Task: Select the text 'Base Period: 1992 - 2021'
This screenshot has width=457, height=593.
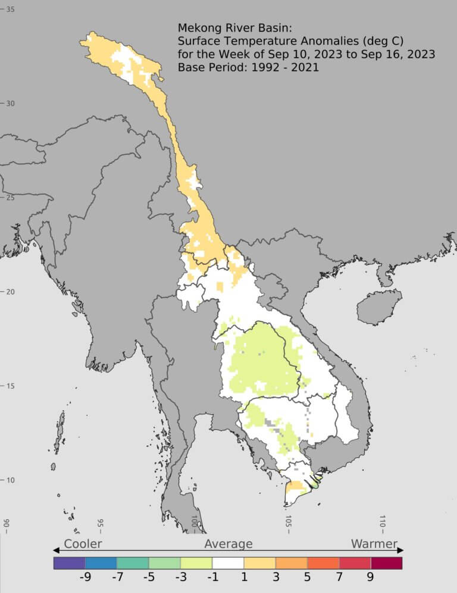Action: (248, 67)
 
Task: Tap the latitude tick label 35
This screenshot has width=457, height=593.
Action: (11, 10)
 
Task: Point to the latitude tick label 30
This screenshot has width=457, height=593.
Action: (11, 104)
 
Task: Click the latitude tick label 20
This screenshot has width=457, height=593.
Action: (11, 292)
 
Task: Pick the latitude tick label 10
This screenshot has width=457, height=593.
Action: (11, 480)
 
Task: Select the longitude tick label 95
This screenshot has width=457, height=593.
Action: (101, 524)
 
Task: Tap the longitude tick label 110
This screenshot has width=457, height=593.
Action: (383, 523)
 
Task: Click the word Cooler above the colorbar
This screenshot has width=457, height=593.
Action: (83, 544)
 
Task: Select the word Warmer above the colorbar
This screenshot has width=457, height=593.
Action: (374, 544)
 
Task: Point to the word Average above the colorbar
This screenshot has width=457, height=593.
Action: (228, 544)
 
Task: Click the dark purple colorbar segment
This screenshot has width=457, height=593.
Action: (69, 563)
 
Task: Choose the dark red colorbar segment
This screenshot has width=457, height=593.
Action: (386, 563)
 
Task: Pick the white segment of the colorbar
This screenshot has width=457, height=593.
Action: (228, 563)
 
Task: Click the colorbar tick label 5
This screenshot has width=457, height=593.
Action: (307, 578)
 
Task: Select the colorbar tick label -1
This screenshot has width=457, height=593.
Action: (212, 578)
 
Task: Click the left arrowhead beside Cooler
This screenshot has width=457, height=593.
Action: (56, 551)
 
